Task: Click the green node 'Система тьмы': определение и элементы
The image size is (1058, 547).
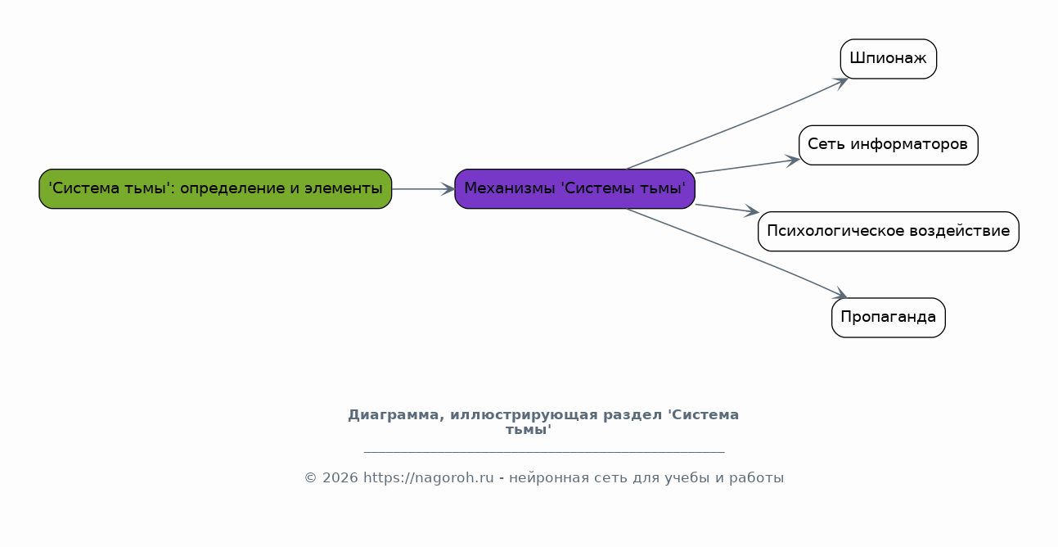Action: tap(215, 188)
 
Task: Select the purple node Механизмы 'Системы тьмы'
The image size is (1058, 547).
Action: tap(574, 188)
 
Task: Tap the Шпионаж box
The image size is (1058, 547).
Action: tap(888, 59)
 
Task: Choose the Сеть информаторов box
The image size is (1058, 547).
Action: tap(888, 145)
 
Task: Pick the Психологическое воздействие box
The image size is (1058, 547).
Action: tap(888, 231)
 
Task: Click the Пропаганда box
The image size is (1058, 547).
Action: tap(888, 318)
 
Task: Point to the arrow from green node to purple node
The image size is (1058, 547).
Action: tap(423, 189)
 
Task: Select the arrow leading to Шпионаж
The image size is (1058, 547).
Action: tap(737, 124)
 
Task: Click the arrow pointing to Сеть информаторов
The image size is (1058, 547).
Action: tap(747, 166)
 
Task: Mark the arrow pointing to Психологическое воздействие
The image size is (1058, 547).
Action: tap(727, 209)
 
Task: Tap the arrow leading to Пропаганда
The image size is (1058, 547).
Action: tap(736, 254)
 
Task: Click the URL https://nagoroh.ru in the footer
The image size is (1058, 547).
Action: tap(429, 478)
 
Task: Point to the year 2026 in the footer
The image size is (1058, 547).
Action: tap(340, 478)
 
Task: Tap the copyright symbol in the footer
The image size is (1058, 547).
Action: tap(310, 478)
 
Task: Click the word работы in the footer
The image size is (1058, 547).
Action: tap(756, 478)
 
